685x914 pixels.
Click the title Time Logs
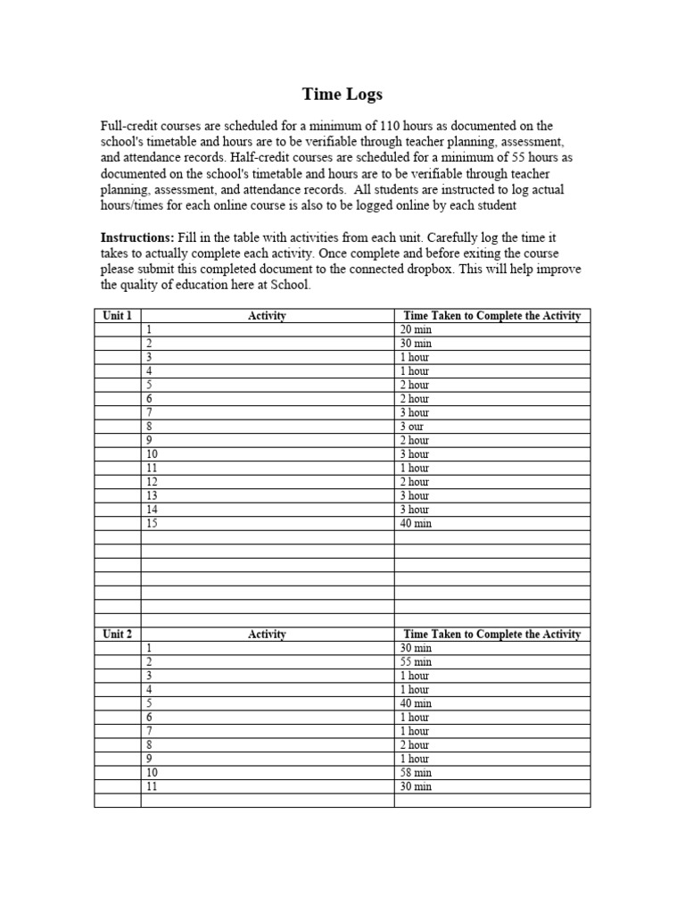[342, 94]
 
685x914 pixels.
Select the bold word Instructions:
[136, 238]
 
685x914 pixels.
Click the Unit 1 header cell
[117, 315]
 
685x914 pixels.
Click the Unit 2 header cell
[117, 634]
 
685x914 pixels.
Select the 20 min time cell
[416, 329]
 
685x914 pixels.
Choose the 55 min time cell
[416, 662]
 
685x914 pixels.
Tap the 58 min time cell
[416, 773]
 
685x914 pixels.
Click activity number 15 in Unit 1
[152, 523]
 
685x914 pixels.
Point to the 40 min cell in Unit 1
[416, 523]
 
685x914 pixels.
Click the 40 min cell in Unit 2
[416, 703]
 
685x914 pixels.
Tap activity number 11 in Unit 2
[152, 786]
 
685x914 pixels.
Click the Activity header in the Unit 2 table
[267, 634]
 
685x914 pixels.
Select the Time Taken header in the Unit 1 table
[491, 315]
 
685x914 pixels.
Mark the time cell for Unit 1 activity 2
[416, 344]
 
